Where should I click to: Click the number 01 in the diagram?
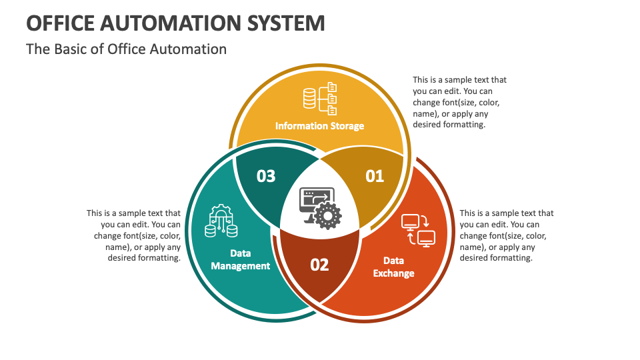point(375,176)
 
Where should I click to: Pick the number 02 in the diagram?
point(319,265)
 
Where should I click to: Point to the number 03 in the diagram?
point(266,176)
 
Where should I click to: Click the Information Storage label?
point(319,126)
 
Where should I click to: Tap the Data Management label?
point(240,259)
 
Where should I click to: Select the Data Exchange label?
point(393,267)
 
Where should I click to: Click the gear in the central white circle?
point(327,215)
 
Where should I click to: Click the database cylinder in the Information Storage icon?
point(309,99)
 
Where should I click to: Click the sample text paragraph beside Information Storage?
point(459,102)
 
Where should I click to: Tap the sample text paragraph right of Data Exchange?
point(506,235)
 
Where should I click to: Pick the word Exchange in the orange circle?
point(393,273)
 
